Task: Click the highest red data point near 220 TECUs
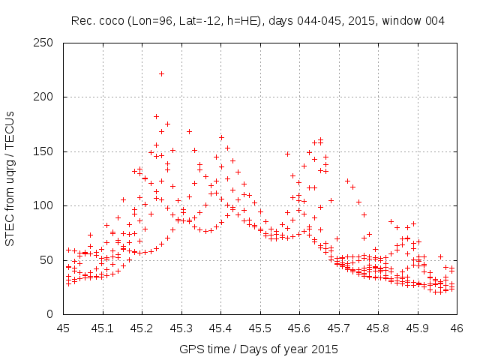point(161,73)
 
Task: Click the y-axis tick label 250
point(47,43)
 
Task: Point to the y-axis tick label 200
point(47,97)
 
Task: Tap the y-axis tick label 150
point(47,151)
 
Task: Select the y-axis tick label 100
point(47,206)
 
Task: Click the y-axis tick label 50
point(50,260)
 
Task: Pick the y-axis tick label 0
point(53,315)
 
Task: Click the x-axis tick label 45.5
point(260,328)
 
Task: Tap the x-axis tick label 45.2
point(142,328)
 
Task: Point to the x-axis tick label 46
point(457,328)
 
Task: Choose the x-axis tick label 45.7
point(339,328)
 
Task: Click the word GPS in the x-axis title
point(190,349)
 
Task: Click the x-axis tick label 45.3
point(181,328)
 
